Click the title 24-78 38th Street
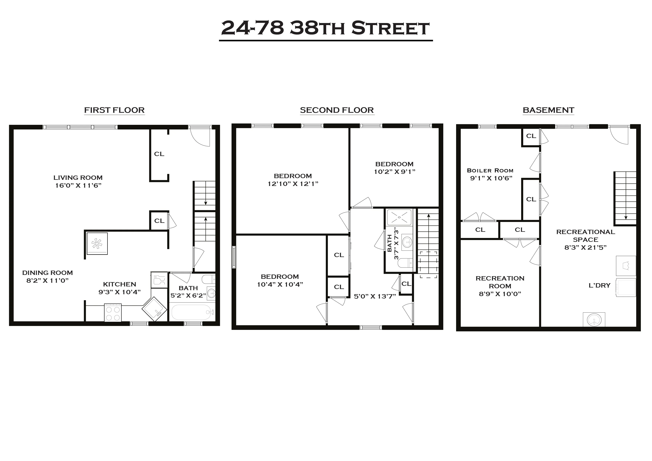click(x=325, y=28)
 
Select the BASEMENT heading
click(x=548, y=110)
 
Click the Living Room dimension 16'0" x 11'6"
click(x=78, y=185)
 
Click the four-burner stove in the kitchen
click(x=113, y=313)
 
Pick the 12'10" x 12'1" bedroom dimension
click(x=293, y=184)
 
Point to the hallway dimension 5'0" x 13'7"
click(x=375, y=296)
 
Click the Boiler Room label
click(x=490, y=171)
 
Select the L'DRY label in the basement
click(x=599, y=285)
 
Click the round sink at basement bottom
click(x=594, y=320)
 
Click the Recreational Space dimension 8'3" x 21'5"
click(x=585, y=247)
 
